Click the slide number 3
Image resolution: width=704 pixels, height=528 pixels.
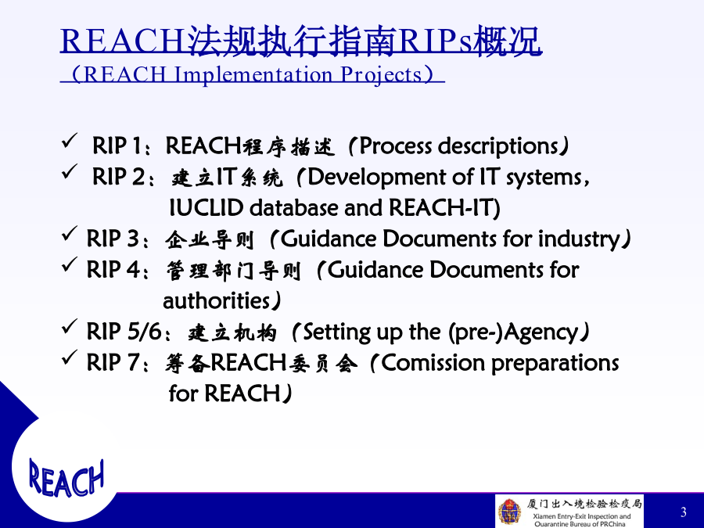[x=684, y=512]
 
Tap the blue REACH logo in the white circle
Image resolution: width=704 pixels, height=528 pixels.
[x=66, y=478]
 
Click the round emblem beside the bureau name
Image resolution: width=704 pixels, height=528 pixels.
[x=510, y=512]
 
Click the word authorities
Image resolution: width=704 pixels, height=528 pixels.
[x=216, y=301]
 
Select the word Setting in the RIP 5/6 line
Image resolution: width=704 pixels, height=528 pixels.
[x=336, y=332]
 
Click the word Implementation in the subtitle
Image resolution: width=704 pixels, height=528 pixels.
[x=253, y=74]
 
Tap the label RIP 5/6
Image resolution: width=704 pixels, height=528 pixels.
[x=124, y=332]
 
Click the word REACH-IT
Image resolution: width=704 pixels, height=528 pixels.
[x=444, y=207]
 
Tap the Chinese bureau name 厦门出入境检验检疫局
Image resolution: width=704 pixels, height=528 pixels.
[x=584, y=504]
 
